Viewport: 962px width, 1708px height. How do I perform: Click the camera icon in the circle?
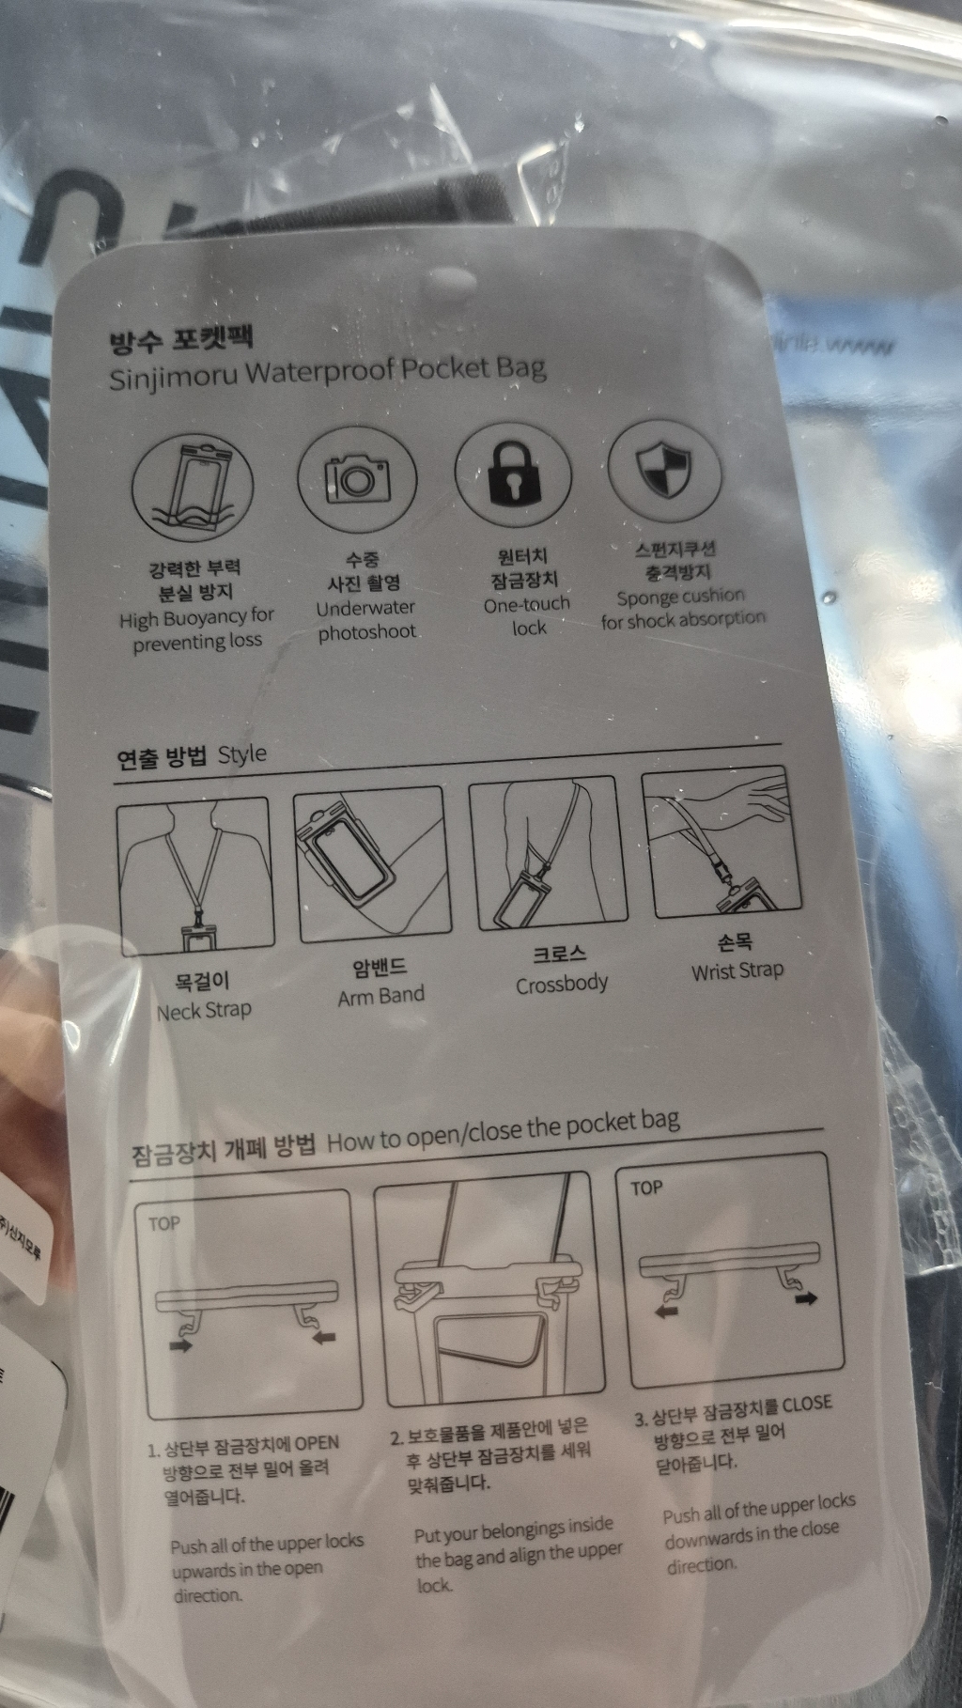pyautogui.click(x=356, y=478)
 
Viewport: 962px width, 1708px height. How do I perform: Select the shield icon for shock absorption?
pyautogui.click(x=664, y=467)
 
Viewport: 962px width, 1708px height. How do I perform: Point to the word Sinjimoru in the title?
pyautogui.click(x=173, y=377)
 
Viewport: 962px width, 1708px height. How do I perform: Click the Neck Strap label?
pyautogui.click(x=204, y=1012)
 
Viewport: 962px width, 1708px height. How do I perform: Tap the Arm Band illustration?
pyautogui.click(x=370, y=865)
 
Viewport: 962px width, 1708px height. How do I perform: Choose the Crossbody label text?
pyautogui.click(x=562, y=984)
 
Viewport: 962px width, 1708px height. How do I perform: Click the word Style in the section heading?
pyautogui.click(x=242, y=754)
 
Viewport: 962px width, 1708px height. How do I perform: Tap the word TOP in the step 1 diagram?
pyautogui.click(x=163, y=1223)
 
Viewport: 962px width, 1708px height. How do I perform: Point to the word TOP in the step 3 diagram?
pyautogui.click(x=646, y=1188)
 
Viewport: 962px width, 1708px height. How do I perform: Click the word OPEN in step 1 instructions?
pyautogui.click(x=317, y=1443)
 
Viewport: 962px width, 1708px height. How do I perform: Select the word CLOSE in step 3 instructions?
pyautogui.click(x=807, y=1404)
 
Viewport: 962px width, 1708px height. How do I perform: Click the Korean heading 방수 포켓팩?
pyautogui.click(x=181, y=339)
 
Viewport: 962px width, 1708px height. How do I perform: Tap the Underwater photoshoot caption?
pyautogui.click(x=365, y=620)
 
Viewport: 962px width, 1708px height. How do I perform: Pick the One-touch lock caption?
pyautogui.click(x=527, y=615)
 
